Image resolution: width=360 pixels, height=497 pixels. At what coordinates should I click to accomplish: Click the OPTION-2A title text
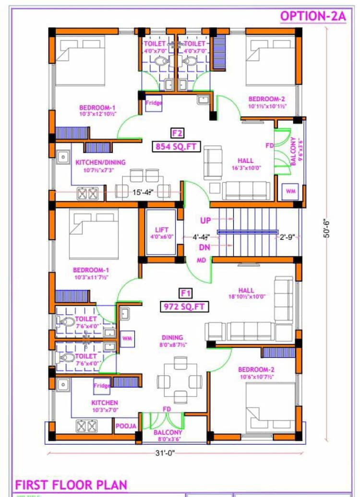(312, 16)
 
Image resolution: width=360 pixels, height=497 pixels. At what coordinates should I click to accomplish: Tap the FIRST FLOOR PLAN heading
(71, 485)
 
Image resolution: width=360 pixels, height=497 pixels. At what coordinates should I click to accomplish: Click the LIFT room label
(161, 230)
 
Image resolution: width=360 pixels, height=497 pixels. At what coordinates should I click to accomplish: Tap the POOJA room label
(126, 426)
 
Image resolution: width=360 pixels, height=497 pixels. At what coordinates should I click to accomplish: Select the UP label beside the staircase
(206, 220)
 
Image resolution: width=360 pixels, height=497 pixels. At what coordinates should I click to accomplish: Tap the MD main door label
(202, 260)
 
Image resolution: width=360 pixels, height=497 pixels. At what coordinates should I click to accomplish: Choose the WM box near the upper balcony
(291, 191)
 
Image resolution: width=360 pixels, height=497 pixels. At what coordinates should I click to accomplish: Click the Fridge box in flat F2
(154, 103)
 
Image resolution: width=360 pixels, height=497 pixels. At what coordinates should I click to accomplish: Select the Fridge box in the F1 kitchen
(102, 385)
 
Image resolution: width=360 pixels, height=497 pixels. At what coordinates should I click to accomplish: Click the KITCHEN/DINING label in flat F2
(100, 162)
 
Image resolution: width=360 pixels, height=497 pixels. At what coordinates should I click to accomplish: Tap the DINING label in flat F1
(172, 338)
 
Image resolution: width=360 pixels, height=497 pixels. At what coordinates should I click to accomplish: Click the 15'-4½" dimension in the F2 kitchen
(144, 193)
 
